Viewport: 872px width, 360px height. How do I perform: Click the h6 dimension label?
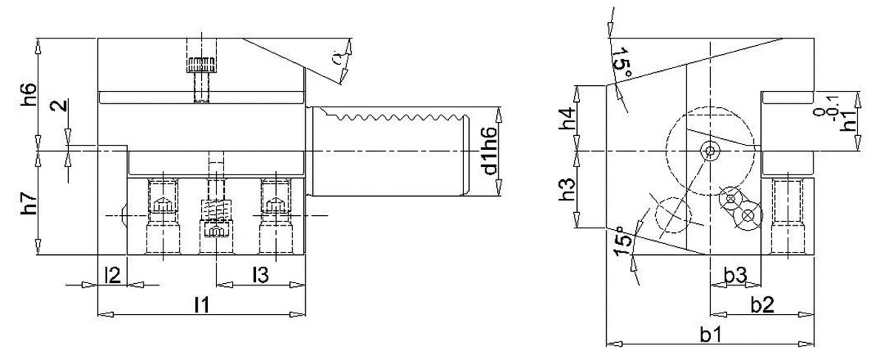coord(28,94)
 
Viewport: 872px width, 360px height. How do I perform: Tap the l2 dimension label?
coord(112,275)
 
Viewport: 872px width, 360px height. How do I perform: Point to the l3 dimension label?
coord(261,275)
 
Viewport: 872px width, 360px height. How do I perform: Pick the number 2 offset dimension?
coord(60,105)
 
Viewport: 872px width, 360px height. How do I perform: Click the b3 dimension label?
coord(735,275)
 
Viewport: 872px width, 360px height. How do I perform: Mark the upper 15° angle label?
coord(621,62)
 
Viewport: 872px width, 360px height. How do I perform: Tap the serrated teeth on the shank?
coord(391,117)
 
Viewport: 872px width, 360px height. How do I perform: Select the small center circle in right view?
coord(710,150)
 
